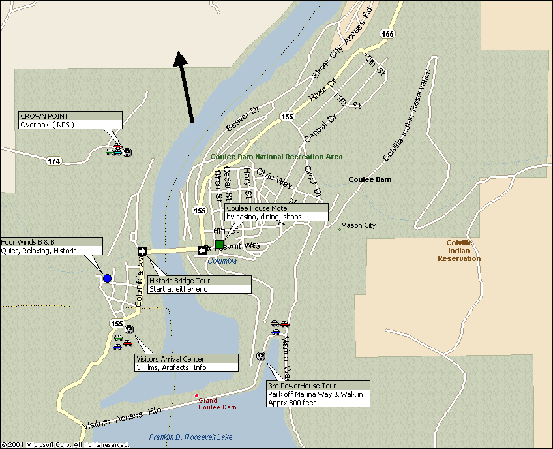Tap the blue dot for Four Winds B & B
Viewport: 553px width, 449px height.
click(x=107, y=278)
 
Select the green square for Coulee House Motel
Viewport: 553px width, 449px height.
click(x=219, y=244)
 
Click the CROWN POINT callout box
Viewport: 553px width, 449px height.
click(x=70, y=120)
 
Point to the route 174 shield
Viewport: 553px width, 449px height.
click(x=53, y=161)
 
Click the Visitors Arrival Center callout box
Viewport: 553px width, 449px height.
click(x=186, y=363)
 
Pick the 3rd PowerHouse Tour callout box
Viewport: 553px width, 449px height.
click(x=318, y=394)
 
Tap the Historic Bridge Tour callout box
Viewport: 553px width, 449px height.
click(x=199, y=285)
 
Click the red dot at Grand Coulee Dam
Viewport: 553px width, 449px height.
click(x=196, y=395)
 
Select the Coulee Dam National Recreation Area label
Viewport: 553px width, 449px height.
click(x=276, y=157)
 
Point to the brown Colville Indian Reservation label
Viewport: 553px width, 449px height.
click(x=463, y=251)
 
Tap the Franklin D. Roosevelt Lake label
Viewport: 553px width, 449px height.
click(x=190, y=437)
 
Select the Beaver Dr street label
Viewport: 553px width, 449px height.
click(x=243, y=117)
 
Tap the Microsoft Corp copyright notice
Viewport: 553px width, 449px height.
click(x=65, y=444)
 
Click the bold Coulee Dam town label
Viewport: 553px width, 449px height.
click(x=370, y=179)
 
